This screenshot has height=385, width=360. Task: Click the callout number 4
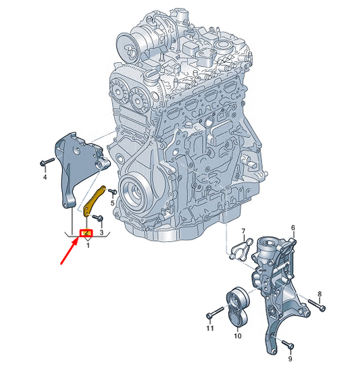[45, 177]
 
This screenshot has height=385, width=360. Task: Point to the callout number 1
[86, 245]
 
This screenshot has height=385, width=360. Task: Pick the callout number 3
[101, 232]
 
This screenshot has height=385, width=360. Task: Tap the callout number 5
[112, 202]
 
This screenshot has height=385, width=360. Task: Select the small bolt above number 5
[113, 192]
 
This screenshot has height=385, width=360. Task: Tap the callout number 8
[320, 294]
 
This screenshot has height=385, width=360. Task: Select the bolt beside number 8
[313, 303]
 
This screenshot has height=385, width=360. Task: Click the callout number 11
[209, 328]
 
